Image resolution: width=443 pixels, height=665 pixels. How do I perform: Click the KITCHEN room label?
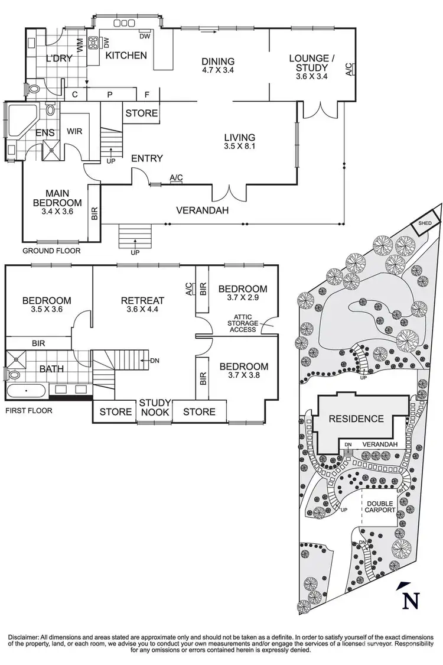coord(126,56)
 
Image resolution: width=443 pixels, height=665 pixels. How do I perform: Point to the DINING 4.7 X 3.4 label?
coord(218,66)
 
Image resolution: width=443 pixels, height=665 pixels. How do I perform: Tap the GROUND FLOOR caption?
coord(51,251)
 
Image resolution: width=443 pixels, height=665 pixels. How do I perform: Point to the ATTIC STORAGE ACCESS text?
coord(243,323)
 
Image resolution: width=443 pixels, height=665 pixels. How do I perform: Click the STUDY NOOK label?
coord(155,408)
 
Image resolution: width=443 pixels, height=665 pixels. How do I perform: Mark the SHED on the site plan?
coord(425,223)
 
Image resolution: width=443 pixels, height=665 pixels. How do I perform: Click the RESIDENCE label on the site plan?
coord(356,419)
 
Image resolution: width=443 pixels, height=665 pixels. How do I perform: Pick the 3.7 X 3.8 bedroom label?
coord(243,371)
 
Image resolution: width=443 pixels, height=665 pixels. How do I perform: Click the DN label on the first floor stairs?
coord(155,360)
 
